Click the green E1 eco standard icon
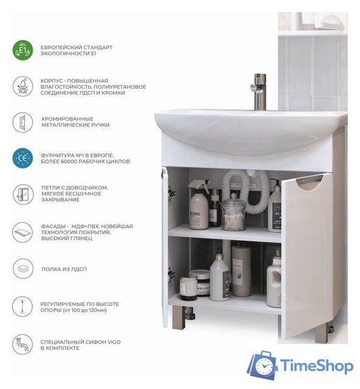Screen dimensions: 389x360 [22, 50]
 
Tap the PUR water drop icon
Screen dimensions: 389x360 [22, 86]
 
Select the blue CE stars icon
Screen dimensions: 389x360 [22, 158]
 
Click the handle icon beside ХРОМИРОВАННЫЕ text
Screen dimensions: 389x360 [22, 122]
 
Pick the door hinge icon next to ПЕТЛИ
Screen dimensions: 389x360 [22, 194]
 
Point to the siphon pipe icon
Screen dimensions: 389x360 [22, 345]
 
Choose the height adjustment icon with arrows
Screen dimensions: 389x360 [22, 306]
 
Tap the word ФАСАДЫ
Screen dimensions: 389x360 [51, 226]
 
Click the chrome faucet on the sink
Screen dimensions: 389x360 [260, 91]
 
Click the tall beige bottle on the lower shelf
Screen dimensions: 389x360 [241, 269]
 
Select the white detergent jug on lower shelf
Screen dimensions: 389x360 [274, 280]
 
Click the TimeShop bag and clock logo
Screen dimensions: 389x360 [263, 365]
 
